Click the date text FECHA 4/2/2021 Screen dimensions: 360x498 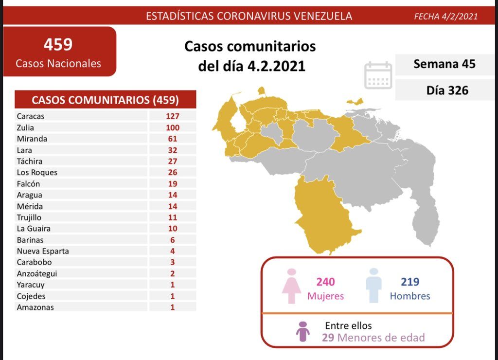(445, 17)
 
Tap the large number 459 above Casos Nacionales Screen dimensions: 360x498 (58, 45)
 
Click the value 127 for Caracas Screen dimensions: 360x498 (172, 116)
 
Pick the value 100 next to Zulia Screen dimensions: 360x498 (172, 127)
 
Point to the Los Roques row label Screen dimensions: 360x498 (37, 172)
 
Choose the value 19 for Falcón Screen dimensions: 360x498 (172, 184)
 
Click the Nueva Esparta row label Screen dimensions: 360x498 (43, 251)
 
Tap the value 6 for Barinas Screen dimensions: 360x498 (173, 240)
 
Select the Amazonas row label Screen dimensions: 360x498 (35, 307)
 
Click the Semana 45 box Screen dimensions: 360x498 (444, 64)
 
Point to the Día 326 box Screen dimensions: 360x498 (444, 90)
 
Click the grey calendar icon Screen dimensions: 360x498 (378, 75)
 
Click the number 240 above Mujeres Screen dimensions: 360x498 (325, 282)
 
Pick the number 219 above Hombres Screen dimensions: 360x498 (410, 282)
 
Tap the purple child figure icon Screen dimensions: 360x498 (303, 331)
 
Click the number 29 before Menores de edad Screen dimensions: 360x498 (328, 338)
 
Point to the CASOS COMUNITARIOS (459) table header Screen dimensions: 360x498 (105, 100)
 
